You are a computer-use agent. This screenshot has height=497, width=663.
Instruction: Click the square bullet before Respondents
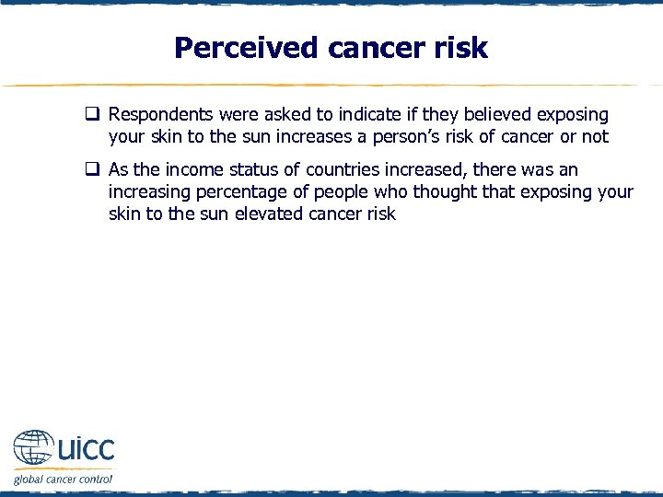[93, 115]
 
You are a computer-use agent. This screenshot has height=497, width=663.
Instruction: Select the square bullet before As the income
[93, 170]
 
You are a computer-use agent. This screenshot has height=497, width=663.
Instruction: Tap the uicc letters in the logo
[86, 449]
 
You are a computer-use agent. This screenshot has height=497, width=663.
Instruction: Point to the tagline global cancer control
[63, 479]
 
